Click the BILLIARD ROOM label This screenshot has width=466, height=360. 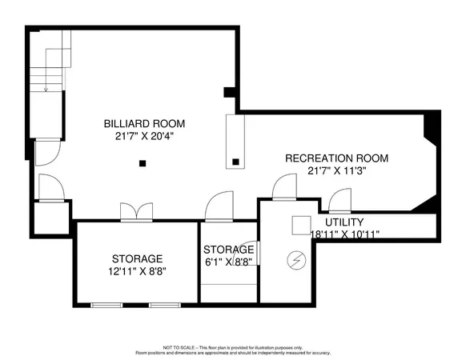pos(144,124)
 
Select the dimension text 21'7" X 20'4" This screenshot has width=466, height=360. pos(144,136)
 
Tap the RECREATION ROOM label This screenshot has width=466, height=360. pos(330,158)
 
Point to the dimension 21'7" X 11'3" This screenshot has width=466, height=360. pos(330,170)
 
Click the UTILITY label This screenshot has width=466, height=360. pos(344,222)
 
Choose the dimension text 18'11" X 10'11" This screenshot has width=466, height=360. pos(344,234)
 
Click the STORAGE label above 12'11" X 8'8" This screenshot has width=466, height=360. pos(137,258)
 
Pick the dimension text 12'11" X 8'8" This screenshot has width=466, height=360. pos(137,271)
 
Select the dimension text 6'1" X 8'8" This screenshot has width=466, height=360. pos(229,262)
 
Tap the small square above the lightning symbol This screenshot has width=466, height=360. pos(300,224)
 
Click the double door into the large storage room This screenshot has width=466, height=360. pos(136,212)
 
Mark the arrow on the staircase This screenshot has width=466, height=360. pos(46,89)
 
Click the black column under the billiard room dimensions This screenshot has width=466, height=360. pos(142,163)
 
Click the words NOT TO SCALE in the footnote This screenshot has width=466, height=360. pos(179,347)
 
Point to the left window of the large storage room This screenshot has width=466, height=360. pos(107,305)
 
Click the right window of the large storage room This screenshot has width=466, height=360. pos(166,305)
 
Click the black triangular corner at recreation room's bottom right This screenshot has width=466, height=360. pos(428,208)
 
